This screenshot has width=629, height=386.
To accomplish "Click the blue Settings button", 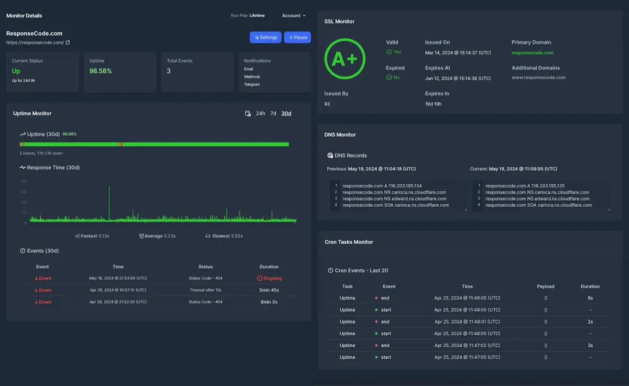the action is (265, 37).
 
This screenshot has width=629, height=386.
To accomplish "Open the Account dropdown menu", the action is (294, 16).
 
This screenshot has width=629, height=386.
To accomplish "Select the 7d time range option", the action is (273, 113).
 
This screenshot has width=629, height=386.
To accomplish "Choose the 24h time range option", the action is (261, 113).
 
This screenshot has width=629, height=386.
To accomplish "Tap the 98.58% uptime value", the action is (100, 71).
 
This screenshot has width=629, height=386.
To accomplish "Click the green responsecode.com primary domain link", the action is (533, 53).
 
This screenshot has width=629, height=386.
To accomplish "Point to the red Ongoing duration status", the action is (269, 278).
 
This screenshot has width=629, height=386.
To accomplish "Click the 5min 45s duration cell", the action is (269, 290).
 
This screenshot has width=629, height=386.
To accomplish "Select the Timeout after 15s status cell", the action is (205, 290).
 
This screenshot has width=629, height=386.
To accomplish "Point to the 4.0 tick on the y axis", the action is (24, 181).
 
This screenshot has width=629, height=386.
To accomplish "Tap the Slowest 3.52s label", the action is (224, 236).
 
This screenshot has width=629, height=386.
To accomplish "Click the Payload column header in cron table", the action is (546, 286).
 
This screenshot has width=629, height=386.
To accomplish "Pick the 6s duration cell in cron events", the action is (590, 298).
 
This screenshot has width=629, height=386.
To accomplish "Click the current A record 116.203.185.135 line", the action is (525, 186).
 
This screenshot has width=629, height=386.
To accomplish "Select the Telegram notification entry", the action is (252, 84).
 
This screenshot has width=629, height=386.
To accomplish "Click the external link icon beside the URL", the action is (68, 42).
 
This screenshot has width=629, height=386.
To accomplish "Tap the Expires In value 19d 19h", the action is (433, 104).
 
